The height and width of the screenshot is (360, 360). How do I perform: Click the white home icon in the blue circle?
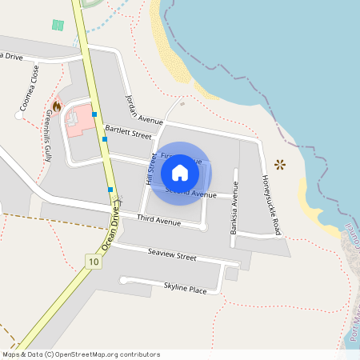(x=180, y=173)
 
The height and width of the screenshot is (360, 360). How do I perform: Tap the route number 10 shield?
(x=94, y=262)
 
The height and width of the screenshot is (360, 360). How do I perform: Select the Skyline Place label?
(x=185, y=288)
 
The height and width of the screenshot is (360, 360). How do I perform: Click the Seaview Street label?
(x=172, y=256)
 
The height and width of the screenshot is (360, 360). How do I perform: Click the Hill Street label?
(x=149, y=170)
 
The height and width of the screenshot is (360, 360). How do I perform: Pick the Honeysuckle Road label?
(x=270, y=204)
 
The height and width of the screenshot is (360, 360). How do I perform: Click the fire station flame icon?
(x=57, y=106)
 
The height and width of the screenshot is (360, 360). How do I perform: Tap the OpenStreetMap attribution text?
(x=80, y=354)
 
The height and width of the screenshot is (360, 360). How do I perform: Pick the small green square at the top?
(x=58, y=25)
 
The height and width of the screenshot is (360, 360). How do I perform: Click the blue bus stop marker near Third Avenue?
(x=110, y=189)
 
